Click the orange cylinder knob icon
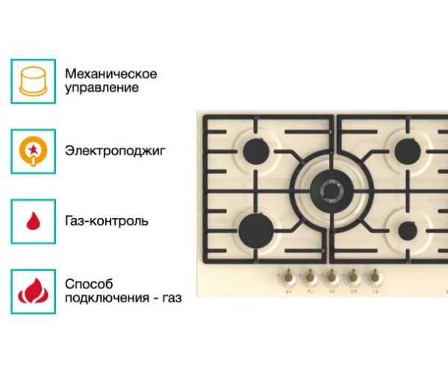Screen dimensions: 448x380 pos(33,81)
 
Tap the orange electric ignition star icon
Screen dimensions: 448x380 pos(33,151)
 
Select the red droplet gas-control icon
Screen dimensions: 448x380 pos(33,221)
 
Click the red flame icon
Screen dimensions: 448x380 pos(33,291)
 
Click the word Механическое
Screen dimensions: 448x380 pos(111,74)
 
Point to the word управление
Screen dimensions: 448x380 pos(102,87)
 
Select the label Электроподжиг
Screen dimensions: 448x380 pos(116,151)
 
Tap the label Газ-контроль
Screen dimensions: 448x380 pos(107,221)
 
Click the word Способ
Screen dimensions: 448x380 pos(89,284)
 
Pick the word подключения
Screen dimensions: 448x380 pos(107,298)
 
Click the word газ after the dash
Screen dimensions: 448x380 pos(172,299)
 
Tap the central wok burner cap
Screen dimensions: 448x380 pos(332,190)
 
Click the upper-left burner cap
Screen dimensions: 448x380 pos(256,152)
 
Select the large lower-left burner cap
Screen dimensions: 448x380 pos(256,231)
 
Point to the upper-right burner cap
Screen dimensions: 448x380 pos(408,152)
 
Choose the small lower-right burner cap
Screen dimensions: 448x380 pos(408,231)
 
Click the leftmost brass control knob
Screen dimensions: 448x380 pos(288,276)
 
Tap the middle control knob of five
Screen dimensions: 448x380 pos(332,276)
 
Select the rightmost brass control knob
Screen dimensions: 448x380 pos(374,276)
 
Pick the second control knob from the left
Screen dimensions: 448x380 pos(310,276)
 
